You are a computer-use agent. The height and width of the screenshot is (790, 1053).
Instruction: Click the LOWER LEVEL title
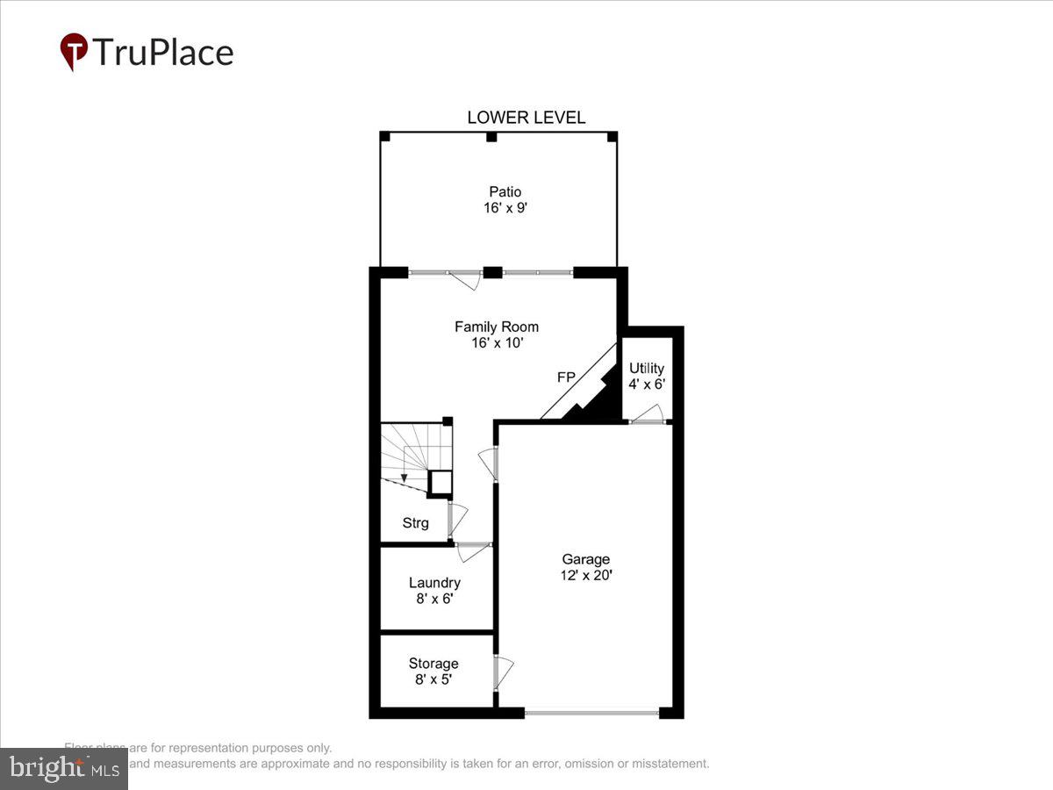(x=526, y=118)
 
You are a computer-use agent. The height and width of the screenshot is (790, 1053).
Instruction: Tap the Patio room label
(x=505, y=192)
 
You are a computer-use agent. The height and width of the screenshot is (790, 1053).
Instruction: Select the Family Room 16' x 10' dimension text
(x=497, y=343)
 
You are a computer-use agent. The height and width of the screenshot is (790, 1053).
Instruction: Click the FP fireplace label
(x=566, y=377)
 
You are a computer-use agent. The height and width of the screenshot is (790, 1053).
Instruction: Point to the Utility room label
(x=647, y=368)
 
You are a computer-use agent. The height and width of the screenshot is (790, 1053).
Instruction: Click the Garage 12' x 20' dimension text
(x=586, y=576)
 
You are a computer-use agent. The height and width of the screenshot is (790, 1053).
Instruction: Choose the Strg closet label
(x=415, y=523)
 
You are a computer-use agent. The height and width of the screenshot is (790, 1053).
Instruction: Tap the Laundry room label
(x=434, y=582)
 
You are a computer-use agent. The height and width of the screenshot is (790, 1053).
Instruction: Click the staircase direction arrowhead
(x=405, y=479)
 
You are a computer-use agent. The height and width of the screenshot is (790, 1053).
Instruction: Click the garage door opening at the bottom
(x=592, y=713)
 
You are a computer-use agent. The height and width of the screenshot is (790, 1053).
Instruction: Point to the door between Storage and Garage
(x=500, y=672)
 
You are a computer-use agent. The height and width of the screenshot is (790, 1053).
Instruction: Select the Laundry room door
(x=471, y=550)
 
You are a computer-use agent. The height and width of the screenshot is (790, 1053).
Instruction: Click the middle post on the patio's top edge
(x=491, y=136)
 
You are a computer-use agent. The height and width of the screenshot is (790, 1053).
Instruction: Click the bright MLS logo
(x=63, y=768)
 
